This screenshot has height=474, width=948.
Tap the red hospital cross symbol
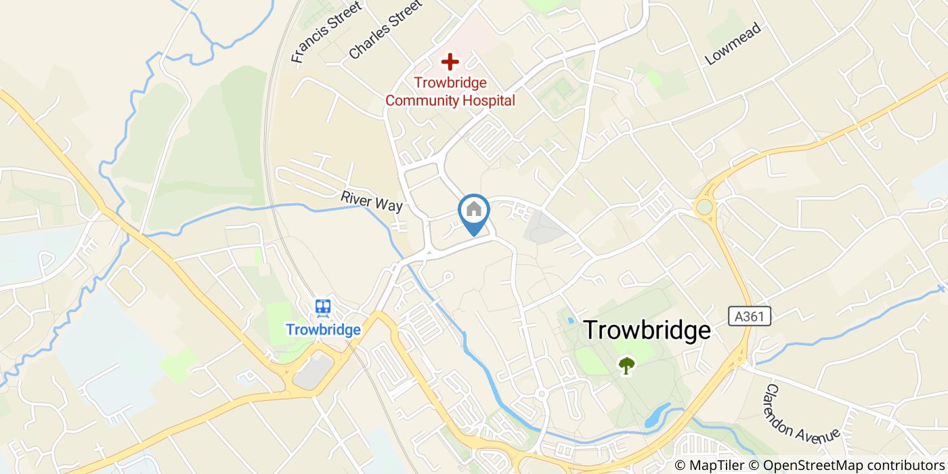[x=450, y=62]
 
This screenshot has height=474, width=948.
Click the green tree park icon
[x=627, y=365]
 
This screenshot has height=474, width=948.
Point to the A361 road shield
[x=751, y=316]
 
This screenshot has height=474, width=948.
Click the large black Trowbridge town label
[x=647, y=330]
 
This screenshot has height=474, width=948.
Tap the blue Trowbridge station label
[x=323, y=330]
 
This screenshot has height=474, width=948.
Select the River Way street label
[x=372, y=201]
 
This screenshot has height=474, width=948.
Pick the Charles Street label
[x=385, y=28]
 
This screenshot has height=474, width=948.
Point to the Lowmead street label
[x=733, y=44]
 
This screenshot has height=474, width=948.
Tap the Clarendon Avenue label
[x=802, y=414]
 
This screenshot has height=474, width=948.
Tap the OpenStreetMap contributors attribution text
[x=853, y=465]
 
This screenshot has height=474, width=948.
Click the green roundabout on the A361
[x=705, y=206]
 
